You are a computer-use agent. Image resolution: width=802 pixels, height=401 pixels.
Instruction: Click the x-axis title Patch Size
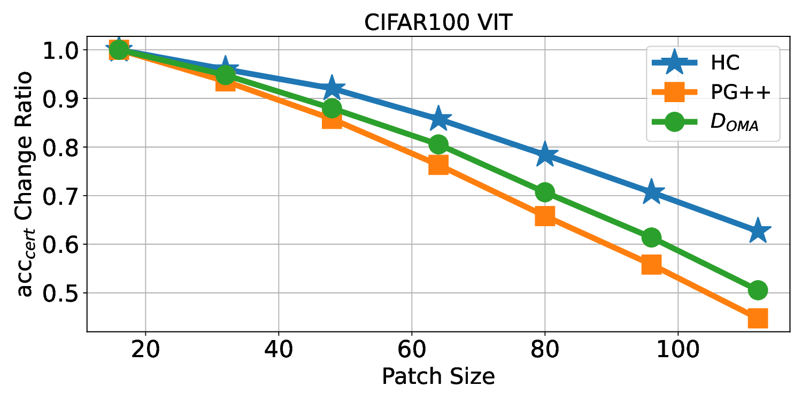pos(438,377)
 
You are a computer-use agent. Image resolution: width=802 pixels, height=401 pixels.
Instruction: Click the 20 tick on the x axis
pos(145,351)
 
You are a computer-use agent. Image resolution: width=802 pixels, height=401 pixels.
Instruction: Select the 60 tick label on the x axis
pos(411,351)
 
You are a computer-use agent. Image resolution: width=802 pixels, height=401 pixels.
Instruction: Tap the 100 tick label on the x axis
pos(677,351)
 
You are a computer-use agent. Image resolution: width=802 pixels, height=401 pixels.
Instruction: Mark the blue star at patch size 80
pos(545,155)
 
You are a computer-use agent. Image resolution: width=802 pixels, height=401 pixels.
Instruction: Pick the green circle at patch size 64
pos(438,144)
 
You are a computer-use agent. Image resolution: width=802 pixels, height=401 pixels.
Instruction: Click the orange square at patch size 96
pos(651,264)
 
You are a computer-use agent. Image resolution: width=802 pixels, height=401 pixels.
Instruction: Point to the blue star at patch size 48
pos(332,88)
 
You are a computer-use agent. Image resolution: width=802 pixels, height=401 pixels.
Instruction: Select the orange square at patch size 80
pos(545,216)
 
